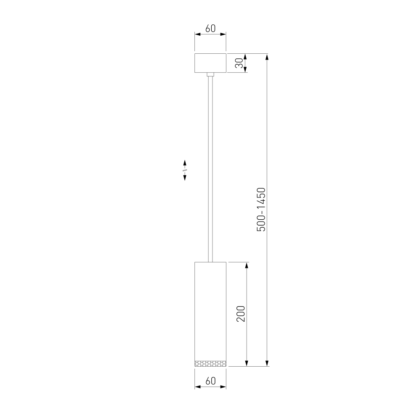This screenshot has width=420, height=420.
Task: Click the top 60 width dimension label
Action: (210, 29)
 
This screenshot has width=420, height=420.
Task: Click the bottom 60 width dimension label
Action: (210, 381)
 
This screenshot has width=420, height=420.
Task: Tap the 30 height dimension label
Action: (239, 63)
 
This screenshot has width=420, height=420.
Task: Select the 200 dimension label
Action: (241, 314)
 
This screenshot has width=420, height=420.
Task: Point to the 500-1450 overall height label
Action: (261, 210)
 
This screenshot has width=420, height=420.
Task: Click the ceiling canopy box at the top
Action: (210, 63)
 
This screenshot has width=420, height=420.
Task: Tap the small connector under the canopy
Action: (210, 74)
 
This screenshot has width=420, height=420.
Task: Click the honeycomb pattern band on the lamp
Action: (210, 363)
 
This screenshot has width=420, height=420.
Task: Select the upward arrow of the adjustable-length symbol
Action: (185, 163)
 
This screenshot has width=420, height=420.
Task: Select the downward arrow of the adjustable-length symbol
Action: (185, 177)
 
